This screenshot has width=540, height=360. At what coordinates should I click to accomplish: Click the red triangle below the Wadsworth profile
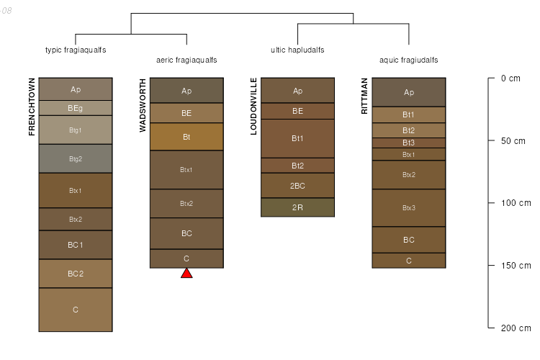[186, 273]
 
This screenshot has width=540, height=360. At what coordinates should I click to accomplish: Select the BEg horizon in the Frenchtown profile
[76, 108]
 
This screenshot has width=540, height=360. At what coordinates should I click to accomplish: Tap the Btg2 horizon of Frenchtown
[76, 158]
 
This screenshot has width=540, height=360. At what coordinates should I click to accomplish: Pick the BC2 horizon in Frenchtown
[76, 274]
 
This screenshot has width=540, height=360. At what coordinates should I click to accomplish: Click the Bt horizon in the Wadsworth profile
[186, 137]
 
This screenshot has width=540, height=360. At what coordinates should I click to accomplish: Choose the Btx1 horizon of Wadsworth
[186, 170]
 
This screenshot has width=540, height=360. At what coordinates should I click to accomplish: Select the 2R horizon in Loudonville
[297, 207]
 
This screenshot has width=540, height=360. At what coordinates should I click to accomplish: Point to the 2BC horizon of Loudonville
[297, 186]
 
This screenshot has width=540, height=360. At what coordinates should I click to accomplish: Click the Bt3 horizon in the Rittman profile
[409, 143]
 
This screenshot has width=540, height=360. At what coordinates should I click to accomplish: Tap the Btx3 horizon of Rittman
[409, 208]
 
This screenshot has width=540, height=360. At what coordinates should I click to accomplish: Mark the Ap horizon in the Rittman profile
[409, 92]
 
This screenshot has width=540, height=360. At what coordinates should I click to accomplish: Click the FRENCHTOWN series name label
[32, 107]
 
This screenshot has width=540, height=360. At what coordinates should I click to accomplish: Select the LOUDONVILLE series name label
[253, 106]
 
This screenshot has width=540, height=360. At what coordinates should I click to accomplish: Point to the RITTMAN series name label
[365, 96]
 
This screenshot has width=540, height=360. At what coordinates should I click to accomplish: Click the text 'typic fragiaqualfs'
[76, 50]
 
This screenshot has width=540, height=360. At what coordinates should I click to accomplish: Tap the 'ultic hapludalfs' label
[297, 50]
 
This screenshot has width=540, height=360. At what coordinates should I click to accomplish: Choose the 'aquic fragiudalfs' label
[409, 60]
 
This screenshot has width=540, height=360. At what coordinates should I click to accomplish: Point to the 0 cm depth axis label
[510, 78]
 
